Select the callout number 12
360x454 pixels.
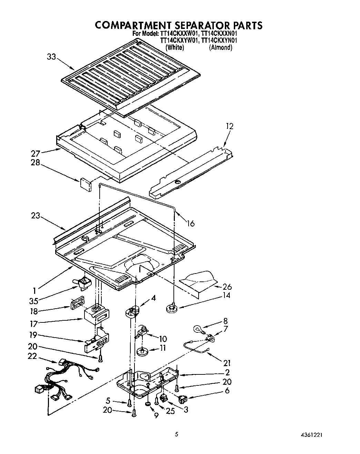pos(229,126)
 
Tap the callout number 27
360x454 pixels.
pos(36,154)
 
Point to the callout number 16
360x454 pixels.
pos(190,224)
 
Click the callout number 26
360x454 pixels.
pos(227,287)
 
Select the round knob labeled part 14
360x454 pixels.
pos(171,308)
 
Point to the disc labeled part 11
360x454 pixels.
pos(142,351)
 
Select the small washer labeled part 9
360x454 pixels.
pos(148,404)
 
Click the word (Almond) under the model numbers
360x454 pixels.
pos(220,48)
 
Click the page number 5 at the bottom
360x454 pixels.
pos(176,435)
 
